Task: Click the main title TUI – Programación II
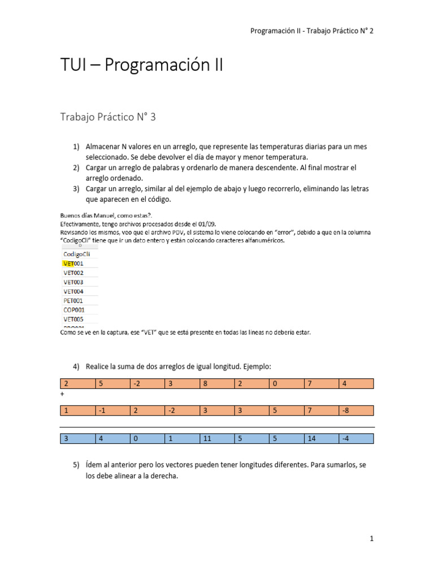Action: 142,66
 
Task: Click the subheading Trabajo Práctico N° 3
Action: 108,117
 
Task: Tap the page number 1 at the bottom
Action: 371,539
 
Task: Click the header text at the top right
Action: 311,31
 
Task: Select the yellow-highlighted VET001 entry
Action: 73,263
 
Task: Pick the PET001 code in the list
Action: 73,301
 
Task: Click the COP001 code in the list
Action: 73,310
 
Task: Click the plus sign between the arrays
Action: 62,393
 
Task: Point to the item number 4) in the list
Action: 76,366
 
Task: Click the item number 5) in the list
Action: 76,465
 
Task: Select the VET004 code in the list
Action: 73,291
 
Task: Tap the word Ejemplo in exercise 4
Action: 255,366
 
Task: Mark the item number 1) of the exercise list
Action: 76,146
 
